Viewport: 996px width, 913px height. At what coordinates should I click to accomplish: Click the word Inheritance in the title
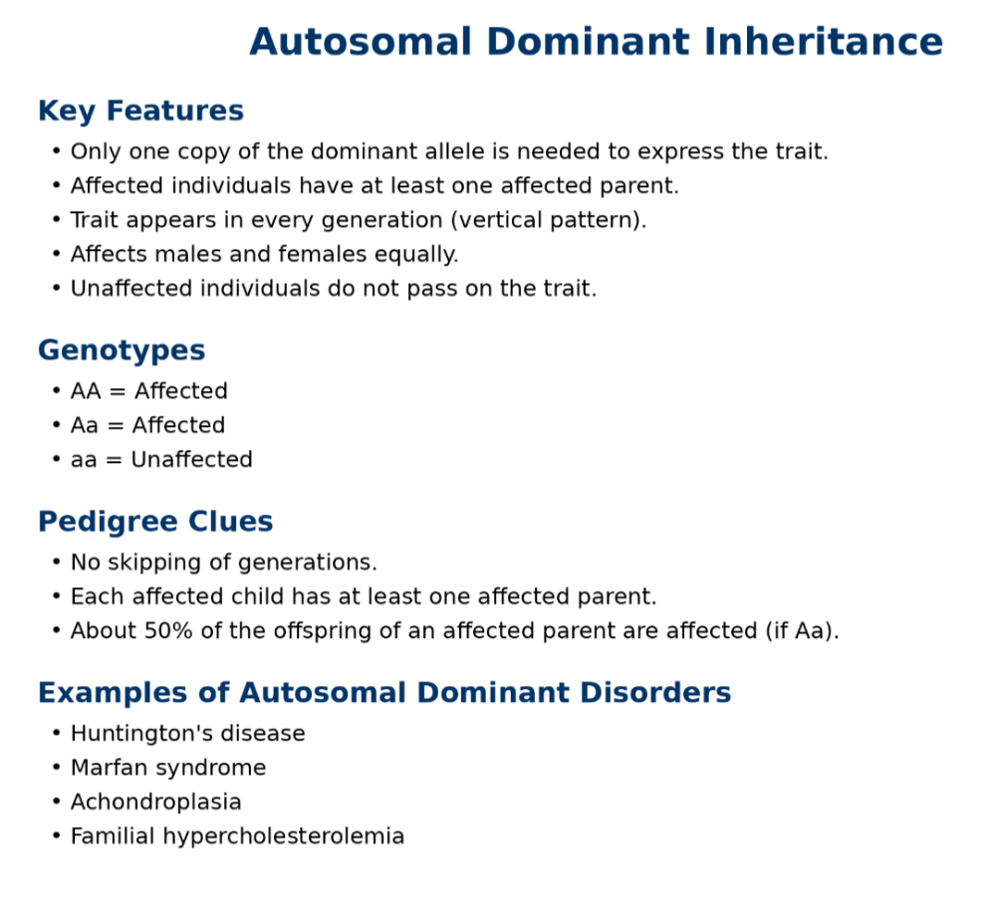[x=824, y=42]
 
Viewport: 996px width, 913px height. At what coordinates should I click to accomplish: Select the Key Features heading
[x=140, y=111]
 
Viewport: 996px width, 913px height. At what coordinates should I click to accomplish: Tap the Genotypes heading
[x=122, y=351]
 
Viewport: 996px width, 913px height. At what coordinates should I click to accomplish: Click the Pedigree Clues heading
[x=155, y=522]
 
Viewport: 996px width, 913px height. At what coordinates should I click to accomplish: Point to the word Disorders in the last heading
[x=655, y=692]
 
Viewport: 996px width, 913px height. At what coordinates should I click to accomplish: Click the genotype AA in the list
[x=86, y=391]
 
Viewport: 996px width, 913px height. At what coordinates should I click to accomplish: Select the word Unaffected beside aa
[x=192, y=459]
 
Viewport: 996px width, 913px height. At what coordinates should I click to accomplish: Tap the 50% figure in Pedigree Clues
[x=168, y=630]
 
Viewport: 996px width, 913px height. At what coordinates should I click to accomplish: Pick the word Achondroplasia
[x=155, y=802]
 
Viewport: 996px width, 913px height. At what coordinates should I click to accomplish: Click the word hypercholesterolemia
[x=283, y=836]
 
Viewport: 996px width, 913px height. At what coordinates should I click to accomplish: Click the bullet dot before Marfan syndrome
[x=57, y=769]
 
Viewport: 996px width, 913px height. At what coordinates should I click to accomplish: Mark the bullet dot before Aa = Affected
[x=57, y=425]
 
